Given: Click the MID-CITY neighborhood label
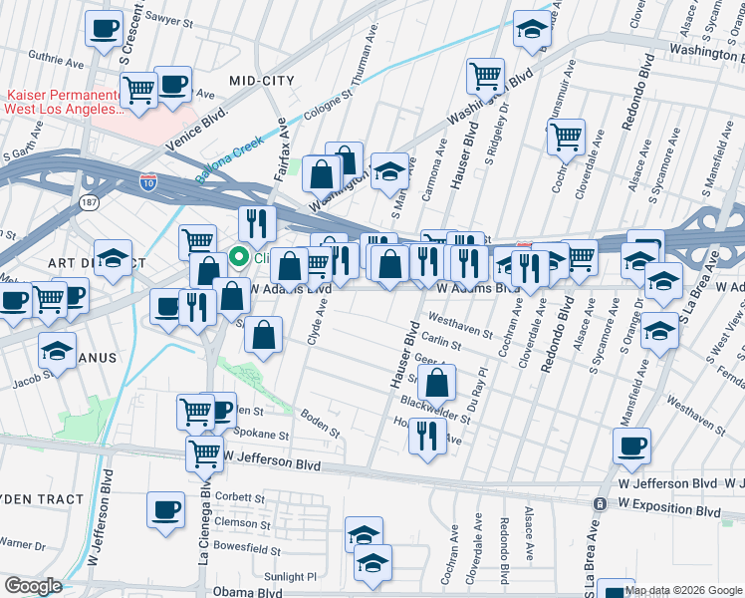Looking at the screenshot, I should pyautogui.click(x=261, y=79).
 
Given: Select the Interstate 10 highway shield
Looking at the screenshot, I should pyautogui.click(x=146, y=182).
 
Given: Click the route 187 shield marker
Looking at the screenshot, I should pyautogui.click(x=88, y=201).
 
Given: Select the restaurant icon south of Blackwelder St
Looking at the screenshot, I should pyautogui.click(x=426, y=435).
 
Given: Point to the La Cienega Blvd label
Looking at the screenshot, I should pyautogui.click(x=203, y=524).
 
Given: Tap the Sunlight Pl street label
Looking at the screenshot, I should pyautogui.click(x=289, y=576).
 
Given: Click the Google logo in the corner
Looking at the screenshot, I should pyautogui.click(x=33, y=586).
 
